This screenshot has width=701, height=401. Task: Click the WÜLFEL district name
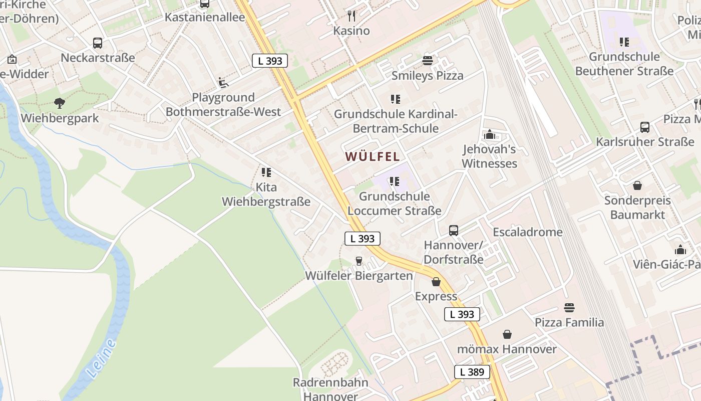(x=373, y=156)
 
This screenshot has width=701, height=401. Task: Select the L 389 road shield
(x=472, y=372)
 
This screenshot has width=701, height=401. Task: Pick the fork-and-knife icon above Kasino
(x=352, y=16)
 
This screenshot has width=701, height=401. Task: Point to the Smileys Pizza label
(x=427, y=76)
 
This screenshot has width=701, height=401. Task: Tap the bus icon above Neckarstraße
(x=98, y=43)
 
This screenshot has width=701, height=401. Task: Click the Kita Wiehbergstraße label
(x=266, y=195)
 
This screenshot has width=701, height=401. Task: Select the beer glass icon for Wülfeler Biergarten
(x=359, y=261)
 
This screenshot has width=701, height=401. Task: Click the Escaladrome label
(x=527, y=232)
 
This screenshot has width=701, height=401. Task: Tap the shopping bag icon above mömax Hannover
(x=507, y=334)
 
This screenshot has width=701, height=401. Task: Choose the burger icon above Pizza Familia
(x=569, y=307)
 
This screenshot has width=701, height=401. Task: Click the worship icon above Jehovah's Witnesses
(x=489, y=134)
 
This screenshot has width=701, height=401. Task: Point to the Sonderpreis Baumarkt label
(x=637, y=208)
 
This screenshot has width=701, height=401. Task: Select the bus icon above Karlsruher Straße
(x=645, y=127)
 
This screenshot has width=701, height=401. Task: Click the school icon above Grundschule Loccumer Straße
(x=395, y=181)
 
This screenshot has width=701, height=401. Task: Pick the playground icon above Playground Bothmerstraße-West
(x=223, y=83)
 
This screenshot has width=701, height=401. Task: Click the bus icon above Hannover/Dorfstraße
(x=453, y=231)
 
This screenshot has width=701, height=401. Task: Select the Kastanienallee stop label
(x=205, y=18)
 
